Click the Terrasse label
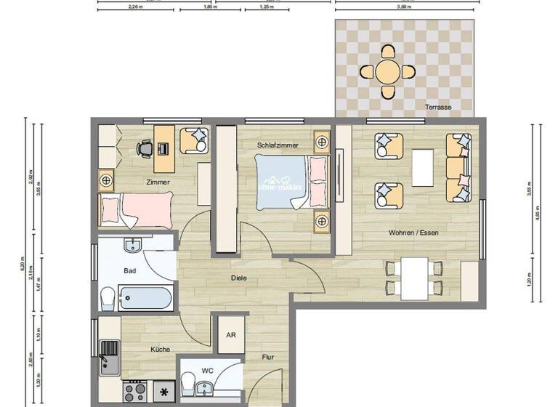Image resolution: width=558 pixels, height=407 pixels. [x=438, y=108]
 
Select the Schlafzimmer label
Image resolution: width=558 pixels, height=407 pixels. [x=278, y=145]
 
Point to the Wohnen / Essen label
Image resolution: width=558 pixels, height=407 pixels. [x=413, y=233]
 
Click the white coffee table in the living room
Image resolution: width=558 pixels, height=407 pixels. [x=423, y=169]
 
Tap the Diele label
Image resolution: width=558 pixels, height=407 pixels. [x=240, y=277]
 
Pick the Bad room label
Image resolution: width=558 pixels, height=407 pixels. [x=130, y=270]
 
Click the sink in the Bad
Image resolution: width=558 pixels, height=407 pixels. [x=133, y=246]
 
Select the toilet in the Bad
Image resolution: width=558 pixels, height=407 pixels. [x=108, y=297]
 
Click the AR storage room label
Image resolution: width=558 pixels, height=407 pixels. [x=231, y=335]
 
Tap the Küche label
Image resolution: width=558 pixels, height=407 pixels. [x=160, y=350]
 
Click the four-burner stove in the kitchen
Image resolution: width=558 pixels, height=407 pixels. [x=134, y=392]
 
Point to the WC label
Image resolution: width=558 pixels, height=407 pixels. [x=207, y=371]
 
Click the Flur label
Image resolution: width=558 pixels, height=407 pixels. [x=269, y=357]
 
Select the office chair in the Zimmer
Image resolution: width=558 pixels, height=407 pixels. [x=144, y=148]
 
